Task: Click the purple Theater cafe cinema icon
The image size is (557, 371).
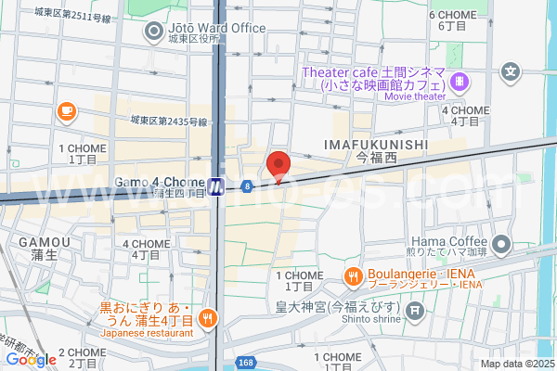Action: click(460, 83)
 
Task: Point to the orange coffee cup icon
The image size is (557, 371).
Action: click(65, 112)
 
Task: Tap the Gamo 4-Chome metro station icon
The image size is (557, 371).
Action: click(215, 186)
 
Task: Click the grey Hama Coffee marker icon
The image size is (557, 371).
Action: click(501, 246)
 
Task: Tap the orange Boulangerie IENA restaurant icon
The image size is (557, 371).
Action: click(353, 275)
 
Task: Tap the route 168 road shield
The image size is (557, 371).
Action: click(244, 363)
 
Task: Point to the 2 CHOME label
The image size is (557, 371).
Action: click(82, 353)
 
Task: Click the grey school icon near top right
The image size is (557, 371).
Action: click(510, 70)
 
